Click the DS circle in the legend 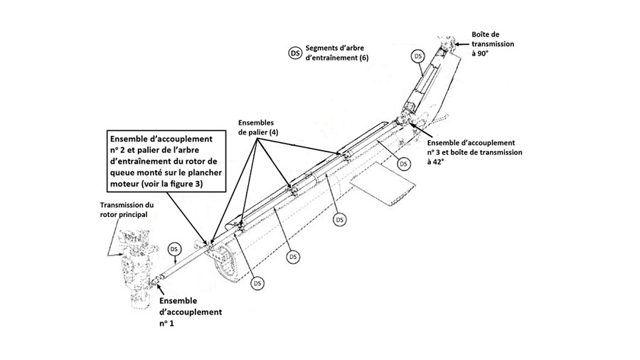coord(294,52)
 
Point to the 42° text coord(434,162)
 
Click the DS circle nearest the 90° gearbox coord(419,55)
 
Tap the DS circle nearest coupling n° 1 coord(173,249)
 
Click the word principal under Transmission coord(127,215)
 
